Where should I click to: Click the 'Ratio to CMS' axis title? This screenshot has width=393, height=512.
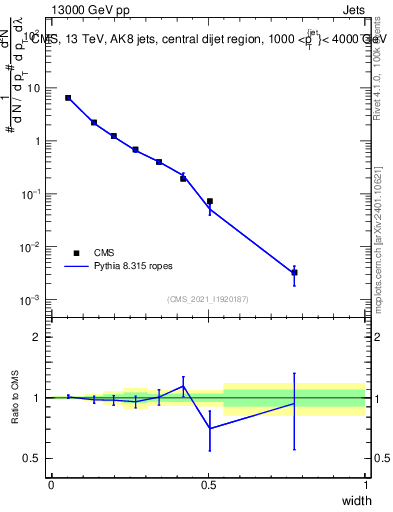pos(16,398)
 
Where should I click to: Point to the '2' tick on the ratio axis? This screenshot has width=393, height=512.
pos(38,337)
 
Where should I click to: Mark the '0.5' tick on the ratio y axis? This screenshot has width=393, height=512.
pos(34,458)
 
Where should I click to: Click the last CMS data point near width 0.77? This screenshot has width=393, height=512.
pos(294,272)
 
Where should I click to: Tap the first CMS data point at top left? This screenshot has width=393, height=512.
pos(68,98)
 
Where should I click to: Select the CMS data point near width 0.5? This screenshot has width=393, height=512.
pos(210,201)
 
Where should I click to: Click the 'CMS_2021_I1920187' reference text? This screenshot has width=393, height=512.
pos(207,299)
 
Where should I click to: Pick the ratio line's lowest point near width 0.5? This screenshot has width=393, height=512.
pos(210,428)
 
